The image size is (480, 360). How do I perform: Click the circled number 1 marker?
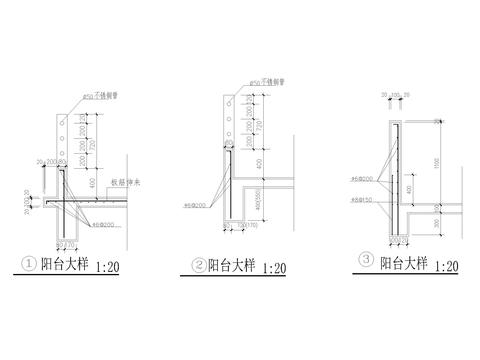(x=29, y=266)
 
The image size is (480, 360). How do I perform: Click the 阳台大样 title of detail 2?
(x=232, y=267)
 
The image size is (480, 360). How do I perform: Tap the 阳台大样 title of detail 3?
(x=399, y=263)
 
